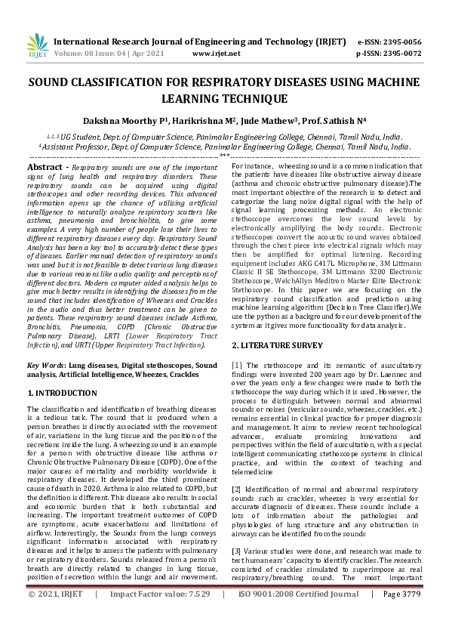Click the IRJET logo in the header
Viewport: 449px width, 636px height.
click(x=36, y=46)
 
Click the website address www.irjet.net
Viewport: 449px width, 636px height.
click(x=216, y=54)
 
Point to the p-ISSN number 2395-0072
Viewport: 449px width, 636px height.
click(x=401, y=54)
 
